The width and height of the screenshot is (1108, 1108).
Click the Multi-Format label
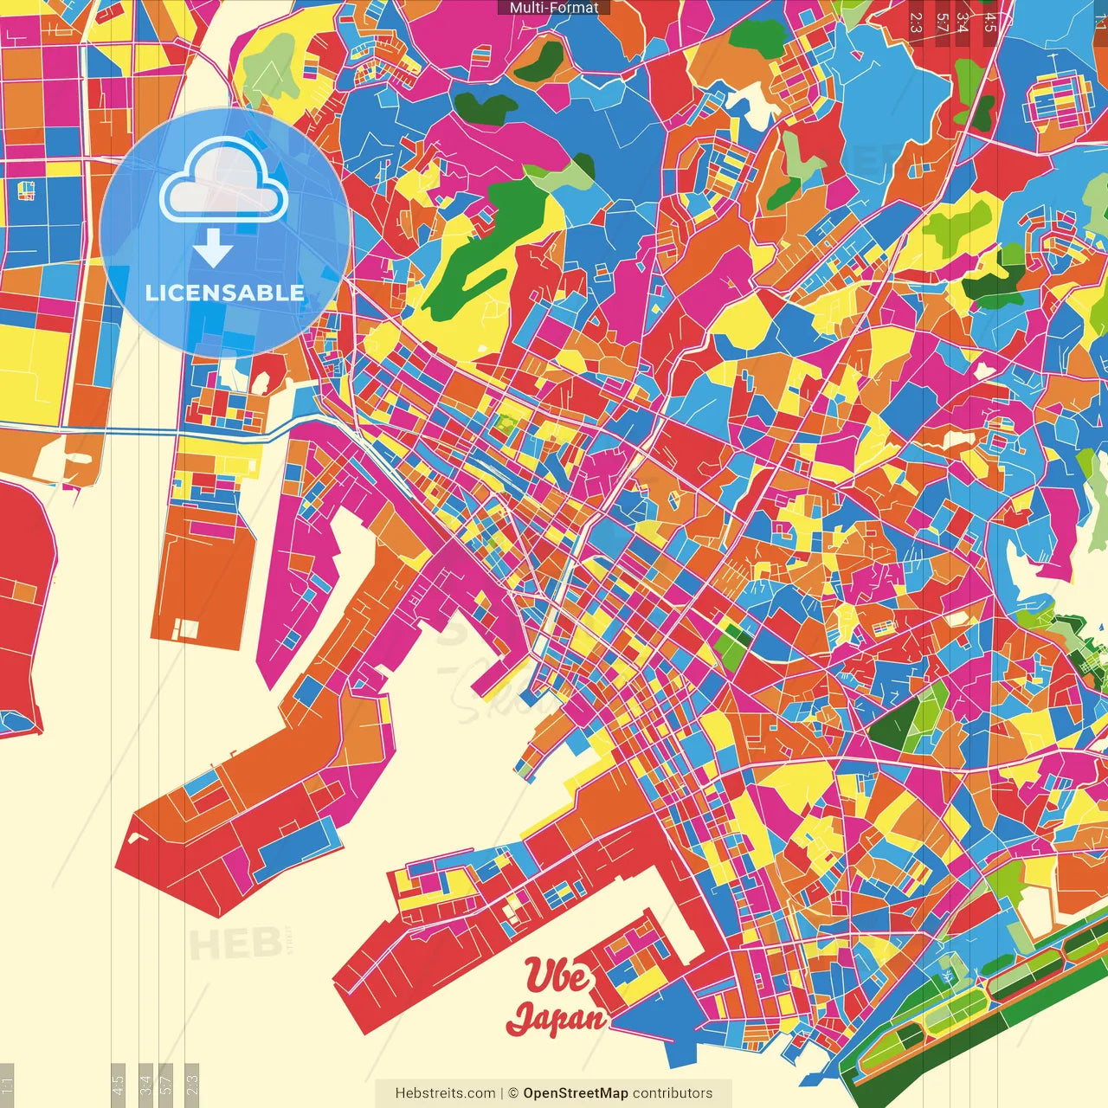pyautogui.click(x=554, y=8)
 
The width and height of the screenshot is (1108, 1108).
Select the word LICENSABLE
pyautogui.click(x=225, y=293)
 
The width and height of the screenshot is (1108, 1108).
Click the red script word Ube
pyautogui.click(x=558, y=976)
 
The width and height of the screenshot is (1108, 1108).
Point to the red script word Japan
pyautogui.click(x=556, y=1019)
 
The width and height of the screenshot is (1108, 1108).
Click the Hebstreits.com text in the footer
pyautogui.click(x=445, y=1093)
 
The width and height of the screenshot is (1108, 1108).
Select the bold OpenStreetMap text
pyautogui.click(x=575, y=1093)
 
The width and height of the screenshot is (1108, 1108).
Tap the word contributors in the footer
pyautogui.click(x=673, y=1093)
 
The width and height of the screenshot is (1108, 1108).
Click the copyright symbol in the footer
pyautogui.click(x=512, y=1093)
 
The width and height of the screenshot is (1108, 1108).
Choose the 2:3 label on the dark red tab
pyautogui.click(x=916, y=22)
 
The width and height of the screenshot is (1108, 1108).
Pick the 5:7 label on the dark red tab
pyautogui.click(x=941, y=22)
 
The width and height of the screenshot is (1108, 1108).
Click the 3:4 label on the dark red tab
pyautogui.click(x=962, y=22)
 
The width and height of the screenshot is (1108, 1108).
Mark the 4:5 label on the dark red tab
pyautogui.click(x=990, y=22)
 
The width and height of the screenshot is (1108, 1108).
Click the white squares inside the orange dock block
pyautogui.click(x=185, y=628)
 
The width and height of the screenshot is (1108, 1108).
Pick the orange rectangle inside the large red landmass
pyautogui.click(x=24, y=592)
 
